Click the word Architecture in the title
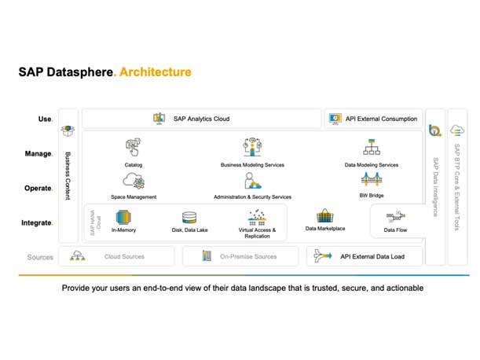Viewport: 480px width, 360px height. click(156, 72)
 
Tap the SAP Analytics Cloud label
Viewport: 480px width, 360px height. click(200, 119)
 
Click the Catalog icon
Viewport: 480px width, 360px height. click(133, 147)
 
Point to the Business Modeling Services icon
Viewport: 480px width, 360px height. click(252, 147)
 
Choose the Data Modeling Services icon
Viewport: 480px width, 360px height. click(372, 147)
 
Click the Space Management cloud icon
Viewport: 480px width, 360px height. click(133, 182)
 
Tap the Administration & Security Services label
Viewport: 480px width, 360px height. click(252, 197)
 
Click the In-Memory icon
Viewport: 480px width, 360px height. click(123, 216)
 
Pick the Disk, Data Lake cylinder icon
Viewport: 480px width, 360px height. click(189, 217)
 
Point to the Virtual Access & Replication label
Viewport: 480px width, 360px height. click(257, 233)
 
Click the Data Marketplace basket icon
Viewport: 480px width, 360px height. click(325, 215)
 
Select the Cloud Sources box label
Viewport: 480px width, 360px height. click(124, 256)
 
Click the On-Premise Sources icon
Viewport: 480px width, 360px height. click(207, 256)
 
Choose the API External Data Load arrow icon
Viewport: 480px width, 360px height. click(321, 256)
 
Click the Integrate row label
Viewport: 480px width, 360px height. click(36, 223)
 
